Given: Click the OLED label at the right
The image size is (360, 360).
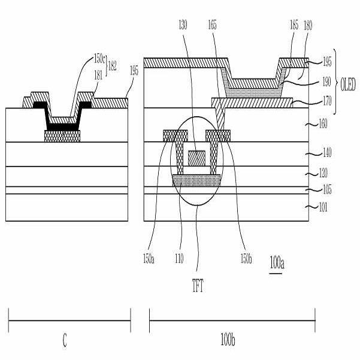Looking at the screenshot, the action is pos(348,84).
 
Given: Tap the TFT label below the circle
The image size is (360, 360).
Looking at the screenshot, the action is pos(198,286).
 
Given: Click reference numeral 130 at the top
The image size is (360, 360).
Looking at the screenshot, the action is pos(183,25).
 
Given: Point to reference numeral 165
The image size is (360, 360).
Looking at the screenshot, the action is pos(212,25).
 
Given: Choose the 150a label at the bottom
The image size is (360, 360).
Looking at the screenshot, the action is pos(149,259).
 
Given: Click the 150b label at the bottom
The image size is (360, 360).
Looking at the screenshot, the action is pos(246,259).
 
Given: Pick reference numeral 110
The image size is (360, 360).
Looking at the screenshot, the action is pos(179,259).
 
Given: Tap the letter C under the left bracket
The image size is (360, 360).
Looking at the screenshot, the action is pos(65,341).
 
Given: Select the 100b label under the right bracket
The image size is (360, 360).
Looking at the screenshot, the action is pos(228,340).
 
